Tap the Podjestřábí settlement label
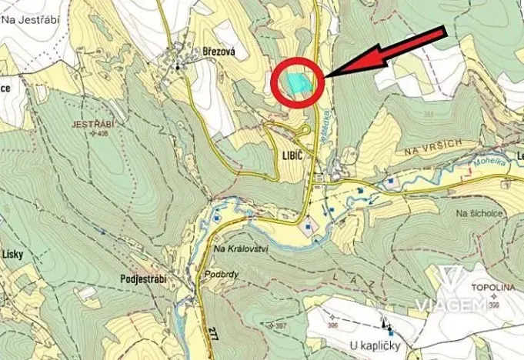tap(144, 278)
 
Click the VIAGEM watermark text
tap(450, 305)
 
